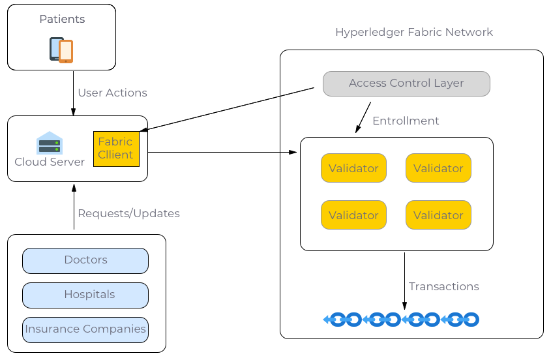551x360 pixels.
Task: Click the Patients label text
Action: tap(62, 20)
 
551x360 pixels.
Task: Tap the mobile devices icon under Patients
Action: tap(61, 50)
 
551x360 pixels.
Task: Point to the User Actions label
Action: tap(112, 93)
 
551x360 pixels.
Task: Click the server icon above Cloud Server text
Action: tap(50, 143)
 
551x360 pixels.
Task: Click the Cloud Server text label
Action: tap(50, 162)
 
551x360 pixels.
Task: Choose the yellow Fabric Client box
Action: tap(116, 149)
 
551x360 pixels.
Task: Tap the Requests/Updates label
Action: tap(128, 213)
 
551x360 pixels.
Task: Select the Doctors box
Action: tap(85, 260)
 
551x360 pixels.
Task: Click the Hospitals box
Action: tap(85, 295)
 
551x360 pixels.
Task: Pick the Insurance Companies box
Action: tap(85, 329)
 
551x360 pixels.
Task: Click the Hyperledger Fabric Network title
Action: tap(413, 32)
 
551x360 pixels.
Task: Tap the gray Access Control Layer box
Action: tap(406, 83)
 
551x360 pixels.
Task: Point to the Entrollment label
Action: tap(406, 121)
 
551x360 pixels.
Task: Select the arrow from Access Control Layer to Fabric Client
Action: tap(228, 109)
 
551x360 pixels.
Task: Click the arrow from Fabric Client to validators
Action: tap(222, 153)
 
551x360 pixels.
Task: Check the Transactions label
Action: tap(443, 286)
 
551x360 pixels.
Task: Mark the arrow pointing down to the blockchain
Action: tap(404, 280)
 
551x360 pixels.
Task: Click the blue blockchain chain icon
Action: tap(402, 320)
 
